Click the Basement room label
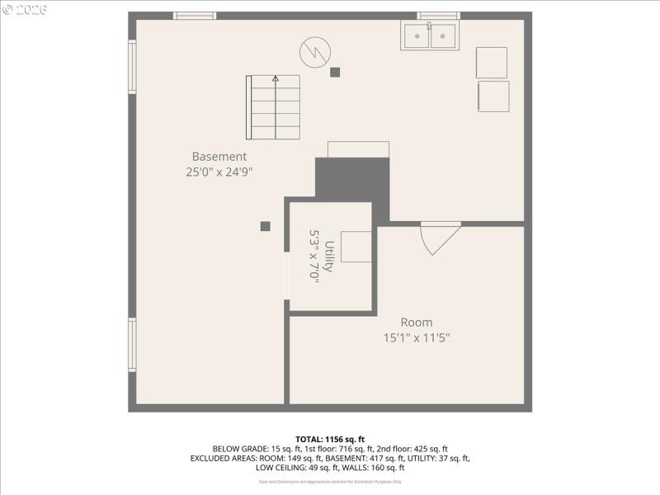tap(219, 156)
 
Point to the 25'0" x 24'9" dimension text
tap(219, 172)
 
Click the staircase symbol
tap(272, 107)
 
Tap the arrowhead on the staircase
tap(276, 78)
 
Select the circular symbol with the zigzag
tap(314, 52)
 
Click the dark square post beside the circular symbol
tap(335, 72)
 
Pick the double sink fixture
tap(430, 35)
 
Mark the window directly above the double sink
tap(437, 15)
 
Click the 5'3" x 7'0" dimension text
tap(313, 257)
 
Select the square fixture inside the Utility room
tap(356, 247)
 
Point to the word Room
tap(416, 322)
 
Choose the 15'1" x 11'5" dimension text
tap(416, 337)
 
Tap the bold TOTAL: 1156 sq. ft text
tap(330, 439)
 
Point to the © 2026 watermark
tap(25, 9)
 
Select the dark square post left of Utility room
tap(265, 226)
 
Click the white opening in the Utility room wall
tap(286, 276)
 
